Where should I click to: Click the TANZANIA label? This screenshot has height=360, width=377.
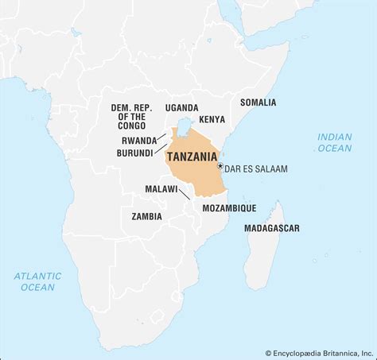coord(193,157)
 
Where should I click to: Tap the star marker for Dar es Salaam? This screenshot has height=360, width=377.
coord(220,165)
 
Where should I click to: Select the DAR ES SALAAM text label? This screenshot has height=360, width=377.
coord(256,168)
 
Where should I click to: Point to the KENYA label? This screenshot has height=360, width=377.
coord(212,119)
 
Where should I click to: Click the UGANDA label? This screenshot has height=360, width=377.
coord(181,107)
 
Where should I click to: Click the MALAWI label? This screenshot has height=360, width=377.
coord(161,188)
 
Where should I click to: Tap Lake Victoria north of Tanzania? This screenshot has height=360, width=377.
coord(185,125)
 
